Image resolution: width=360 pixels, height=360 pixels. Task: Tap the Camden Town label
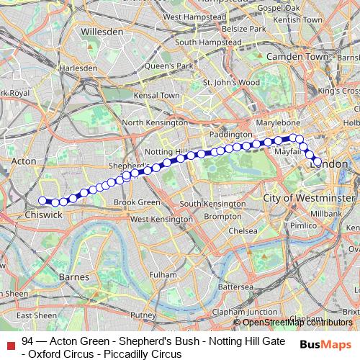point(297,55)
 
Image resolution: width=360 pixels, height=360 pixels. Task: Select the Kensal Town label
point(161,95)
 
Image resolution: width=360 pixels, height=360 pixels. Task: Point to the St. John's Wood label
point(230,82)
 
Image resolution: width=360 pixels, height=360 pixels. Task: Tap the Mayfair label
point(286,153)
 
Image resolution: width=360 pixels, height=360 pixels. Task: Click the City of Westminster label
point(309,197)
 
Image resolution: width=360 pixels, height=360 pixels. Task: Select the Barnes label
point(75,276)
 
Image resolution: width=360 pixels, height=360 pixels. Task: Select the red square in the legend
point(9,341)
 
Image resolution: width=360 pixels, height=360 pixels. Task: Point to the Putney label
point(143,315)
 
